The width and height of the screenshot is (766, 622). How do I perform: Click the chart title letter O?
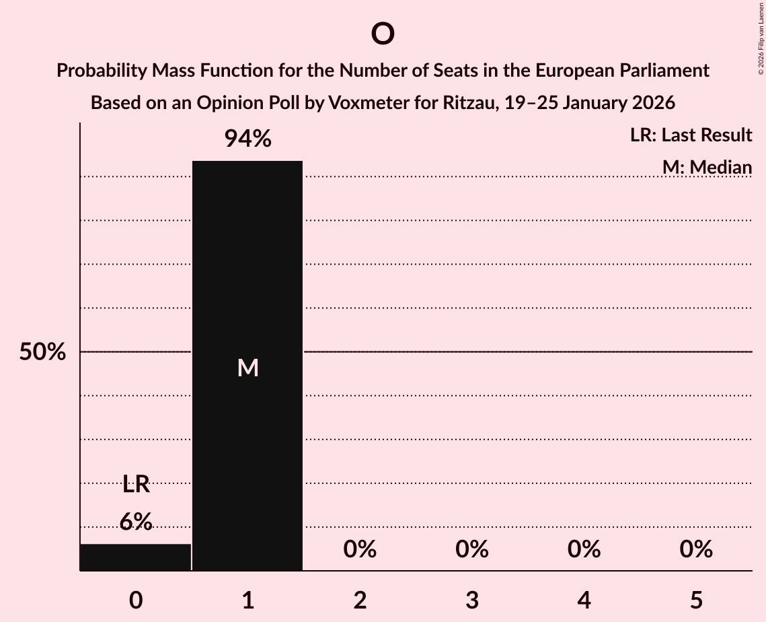point(382,34)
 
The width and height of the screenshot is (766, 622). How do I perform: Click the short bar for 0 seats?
point(135,557)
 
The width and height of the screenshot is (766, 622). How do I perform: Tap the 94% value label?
point(247,139)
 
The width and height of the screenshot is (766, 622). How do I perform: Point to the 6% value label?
point(136,522)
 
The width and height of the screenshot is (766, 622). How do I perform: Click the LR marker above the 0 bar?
point(136,484)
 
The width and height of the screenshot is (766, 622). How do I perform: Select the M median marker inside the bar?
point(248,368)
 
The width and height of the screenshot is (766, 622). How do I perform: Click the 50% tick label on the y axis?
point(42,352)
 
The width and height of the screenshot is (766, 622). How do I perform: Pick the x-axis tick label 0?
point(136,600)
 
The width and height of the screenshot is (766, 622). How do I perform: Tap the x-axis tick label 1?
point(248,600)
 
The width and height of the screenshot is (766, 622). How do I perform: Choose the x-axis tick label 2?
point(360,600)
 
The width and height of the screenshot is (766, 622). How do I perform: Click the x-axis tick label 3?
point(472,600)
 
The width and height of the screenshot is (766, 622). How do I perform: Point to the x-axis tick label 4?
point(584,600)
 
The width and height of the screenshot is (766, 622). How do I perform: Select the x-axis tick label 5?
point(696,600)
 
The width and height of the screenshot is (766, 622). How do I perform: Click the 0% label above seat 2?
point(360,549)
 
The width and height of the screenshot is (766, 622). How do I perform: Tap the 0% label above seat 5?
point(696,549)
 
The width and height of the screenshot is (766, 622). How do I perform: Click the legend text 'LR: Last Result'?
point(691,135)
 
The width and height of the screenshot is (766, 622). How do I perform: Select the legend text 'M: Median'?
point(707,167)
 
